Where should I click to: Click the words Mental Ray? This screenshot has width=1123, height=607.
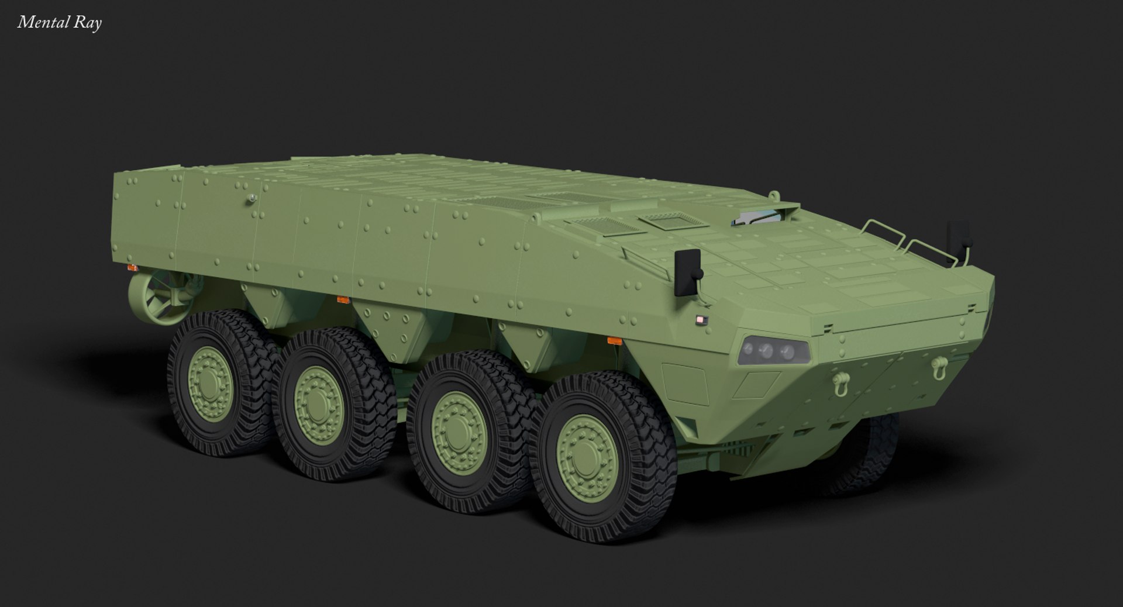click(x=60, y=23)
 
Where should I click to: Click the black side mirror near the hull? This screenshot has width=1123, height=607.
click(x=688, y=272)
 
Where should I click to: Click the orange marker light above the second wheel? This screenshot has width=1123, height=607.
click(x=343, y=300)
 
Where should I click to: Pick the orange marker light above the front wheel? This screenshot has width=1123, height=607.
click(x=614, y=340)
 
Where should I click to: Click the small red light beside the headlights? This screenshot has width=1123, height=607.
click(x=701, y=319)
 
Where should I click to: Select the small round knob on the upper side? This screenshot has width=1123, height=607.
click(x=252, y=199)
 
